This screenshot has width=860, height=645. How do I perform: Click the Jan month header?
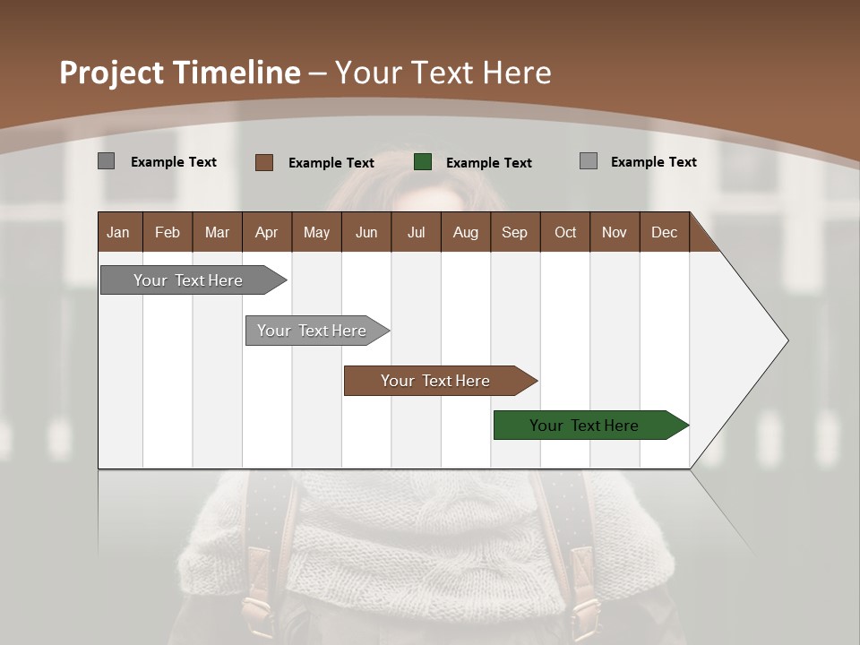click(119, 232)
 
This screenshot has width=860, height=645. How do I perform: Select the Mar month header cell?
click(217, 232)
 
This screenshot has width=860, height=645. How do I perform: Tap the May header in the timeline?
click(316, 232)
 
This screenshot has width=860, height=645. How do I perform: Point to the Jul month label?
click(416, 232)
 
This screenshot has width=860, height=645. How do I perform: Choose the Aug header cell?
click(465, 232)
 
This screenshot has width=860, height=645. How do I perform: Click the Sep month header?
click(514, 232)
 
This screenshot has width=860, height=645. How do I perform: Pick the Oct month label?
click(565, 232)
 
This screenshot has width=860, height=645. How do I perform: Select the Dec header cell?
click(664, 232)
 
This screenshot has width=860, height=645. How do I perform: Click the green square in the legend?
click(423, 162)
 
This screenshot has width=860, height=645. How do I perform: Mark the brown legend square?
click(264, 162)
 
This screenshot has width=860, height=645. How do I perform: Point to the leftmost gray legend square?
click(107, 161)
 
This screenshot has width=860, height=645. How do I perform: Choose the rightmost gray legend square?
click(589, 161)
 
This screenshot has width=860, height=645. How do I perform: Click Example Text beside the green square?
click(488, 162)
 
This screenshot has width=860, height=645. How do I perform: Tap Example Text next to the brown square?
click(331, 162)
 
